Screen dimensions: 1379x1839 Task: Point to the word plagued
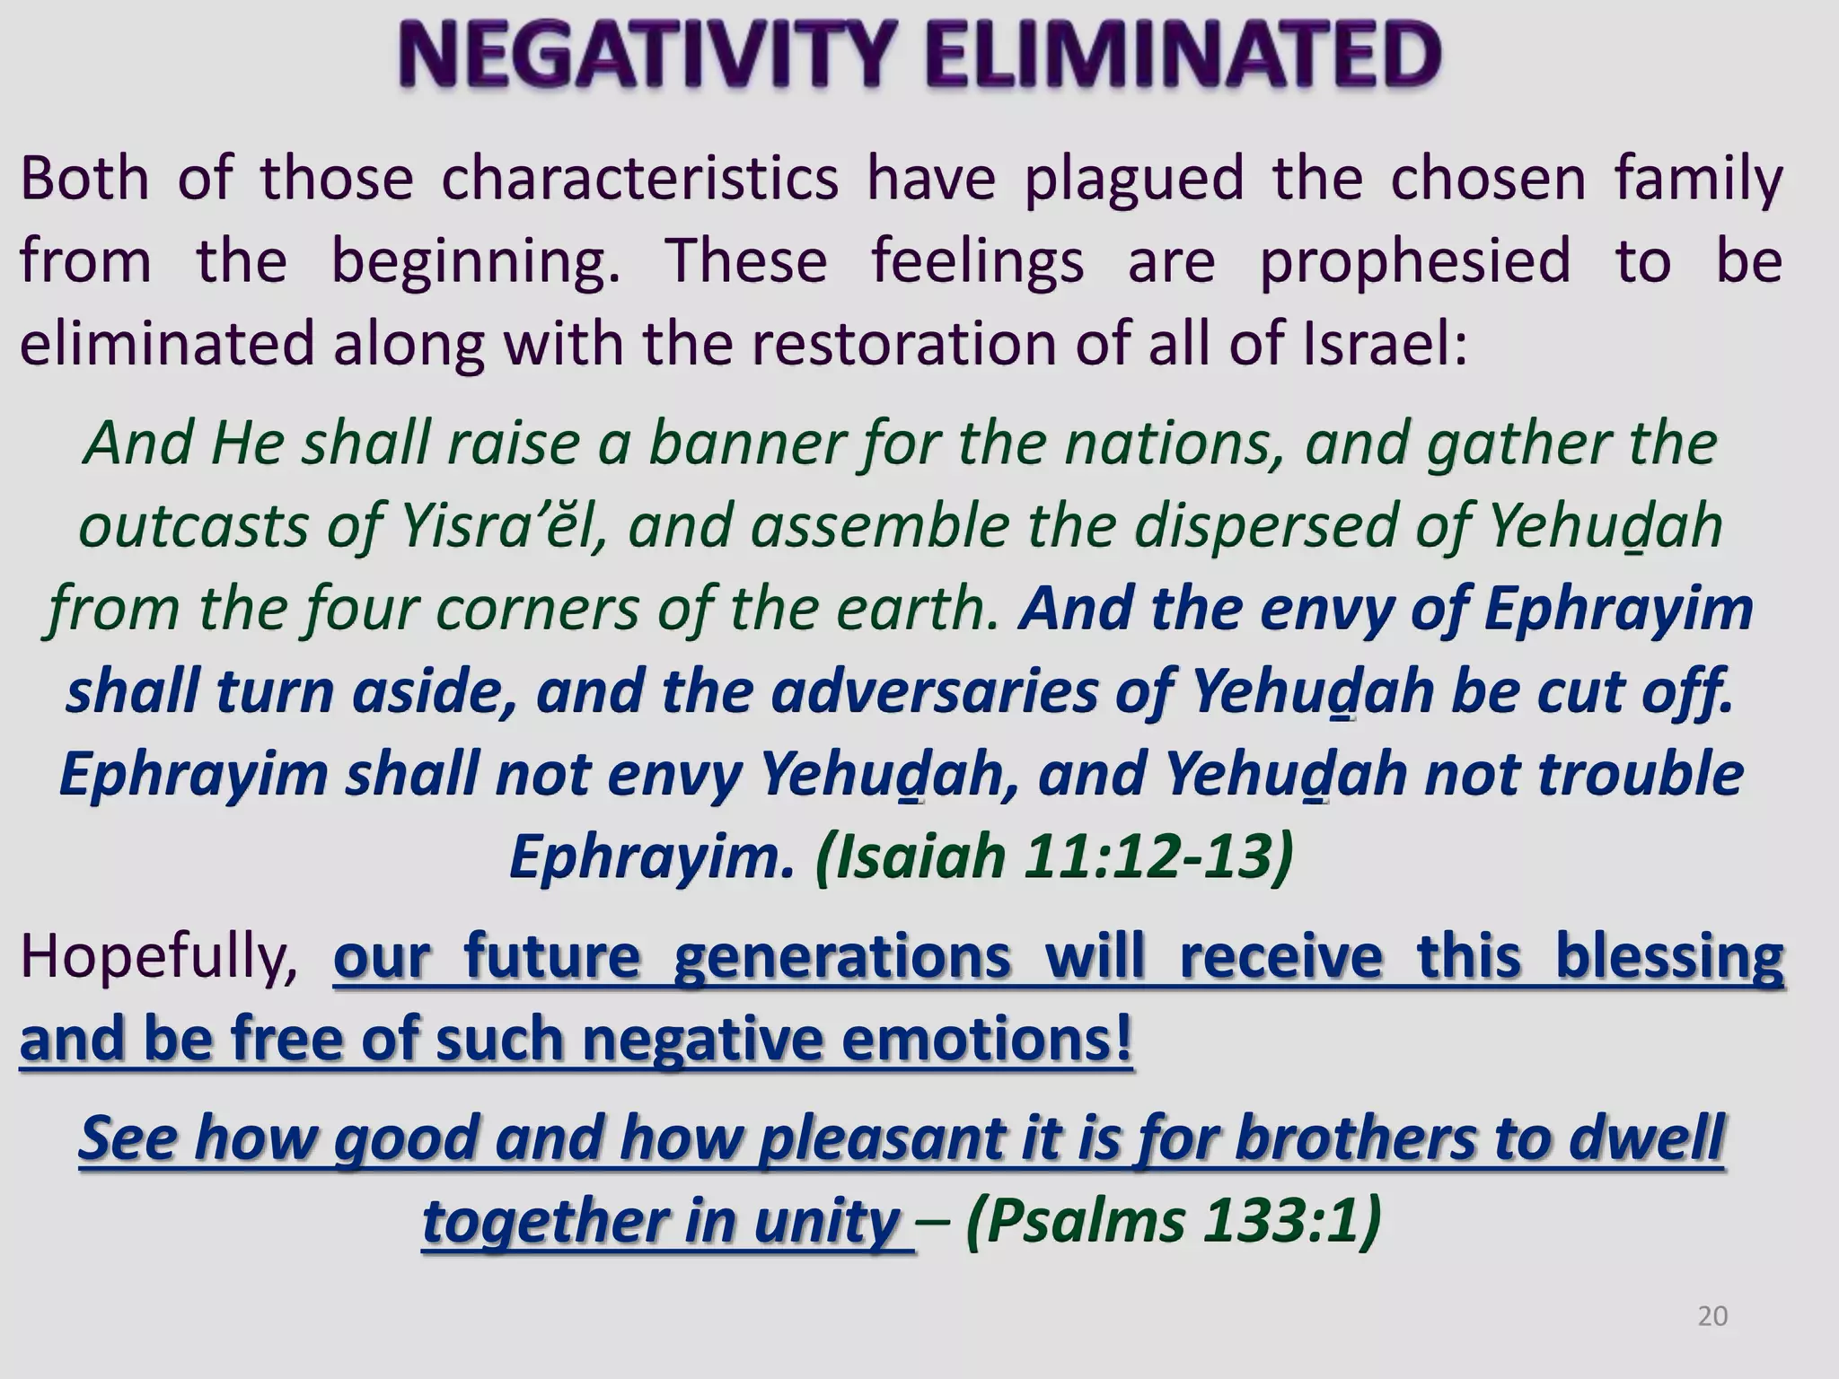[x=1134, y=180]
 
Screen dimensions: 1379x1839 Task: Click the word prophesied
[x=1415, y=261]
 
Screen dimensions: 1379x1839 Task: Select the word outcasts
[x=192, y=526]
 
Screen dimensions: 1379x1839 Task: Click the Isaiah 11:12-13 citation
[x=1054, y=856]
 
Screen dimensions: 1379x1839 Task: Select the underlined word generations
[x=842, y=957]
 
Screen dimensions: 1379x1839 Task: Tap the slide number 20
[x=1712, y=1316]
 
